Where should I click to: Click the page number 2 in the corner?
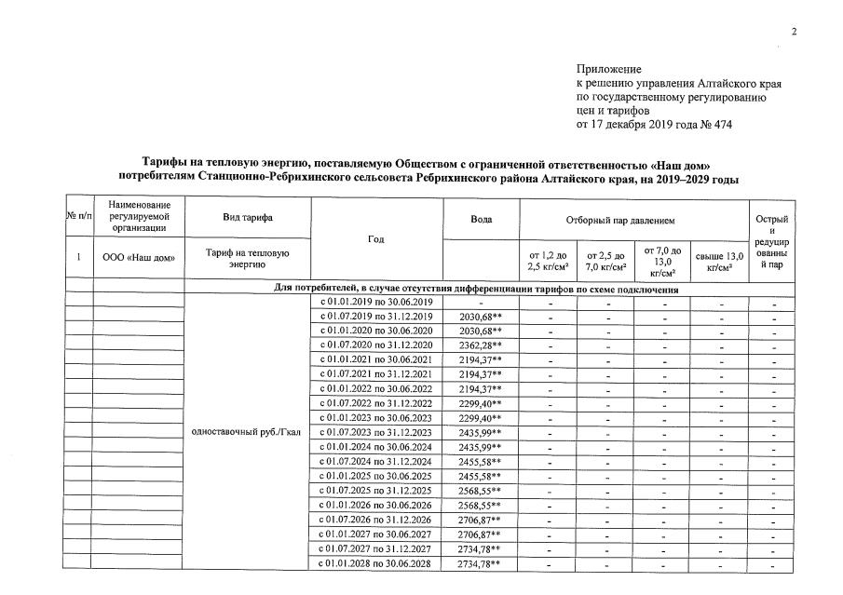[x=795, y=33]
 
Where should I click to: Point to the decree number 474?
[x=720, y=125]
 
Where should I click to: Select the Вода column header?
[x=482, y=219]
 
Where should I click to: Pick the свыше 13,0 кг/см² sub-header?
[x=719, y=262]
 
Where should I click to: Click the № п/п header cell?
[x=78, y=216]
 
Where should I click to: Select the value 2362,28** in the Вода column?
[x=481, y=345]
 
